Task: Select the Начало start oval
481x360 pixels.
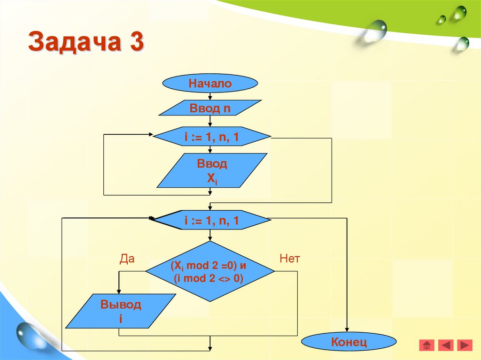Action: [210, 84]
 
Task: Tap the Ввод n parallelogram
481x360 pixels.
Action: [210, 108]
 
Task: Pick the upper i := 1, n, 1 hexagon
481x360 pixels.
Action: [212, 137]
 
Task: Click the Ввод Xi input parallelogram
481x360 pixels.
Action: [212, 171]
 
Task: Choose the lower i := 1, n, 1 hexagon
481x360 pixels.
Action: [212, 219]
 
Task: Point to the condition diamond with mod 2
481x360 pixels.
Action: [209, 272]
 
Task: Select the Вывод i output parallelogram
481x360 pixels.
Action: [120, 311]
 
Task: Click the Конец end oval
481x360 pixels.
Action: [349, 341]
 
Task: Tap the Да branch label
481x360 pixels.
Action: [127, 259]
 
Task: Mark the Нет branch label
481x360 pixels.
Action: [289, 259]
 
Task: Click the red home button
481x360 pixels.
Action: [427, 345]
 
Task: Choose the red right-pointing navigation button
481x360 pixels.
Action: [464, 345]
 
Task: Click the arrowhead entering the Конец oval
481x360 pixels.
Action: [348, 329]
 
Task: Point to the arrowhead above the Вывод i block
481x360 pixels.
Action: [119, 291]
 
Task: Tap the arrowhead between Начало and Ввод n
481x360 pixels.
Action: [210, 97]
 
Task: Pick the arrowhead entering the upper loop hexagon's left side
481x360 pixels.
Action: [151, 135]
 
